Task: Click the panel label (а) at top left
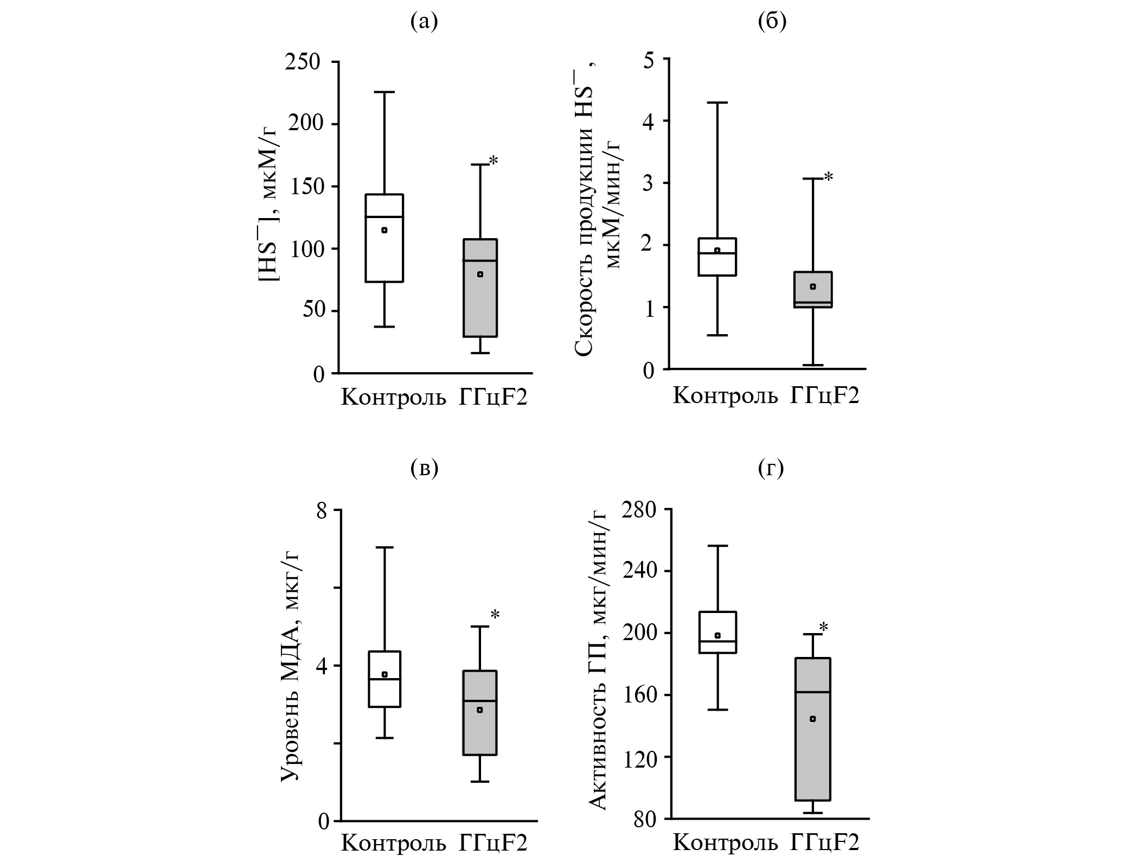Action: click(x=424, y=21)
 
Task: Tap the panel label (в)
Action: click(x=424, y=468)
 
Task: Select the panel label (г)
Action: click(x=771, y=468)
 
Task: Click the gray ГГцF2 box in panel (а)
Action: click(x=480, y=304)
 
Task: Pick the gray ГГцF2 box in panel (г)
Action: click(x=813, y=759)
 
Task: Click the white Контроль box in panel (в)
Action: click(x=385, y=694)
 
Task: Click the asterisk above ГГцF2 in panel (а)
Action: click(x=493, y=161)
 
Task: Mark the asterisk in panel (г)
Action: click(x=823, y=628)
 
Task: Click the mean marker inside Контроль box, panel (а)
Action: click(x=385, y=230)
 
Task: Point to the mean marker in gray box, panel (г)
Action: click(x=812, y=719)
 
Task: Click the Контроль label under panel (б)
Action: click(x=725, y=396)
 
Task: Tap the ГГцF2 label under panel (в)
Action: click(x=493, y=844)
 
